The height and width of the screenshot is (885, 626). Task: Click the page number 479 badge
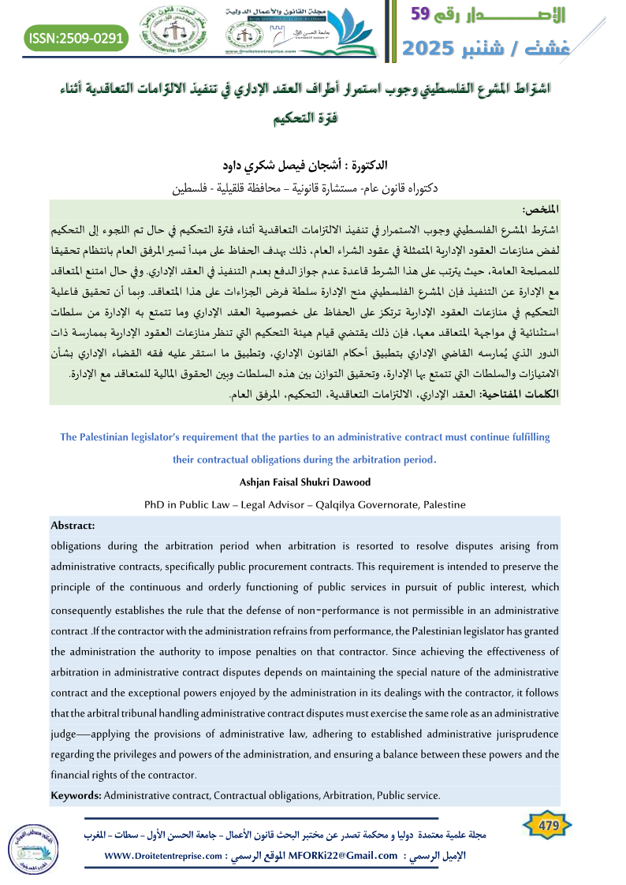pyautogui.click(x=546, y=826)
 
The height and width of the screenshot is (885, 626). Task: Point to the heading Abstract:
pyautogui.click(x=73, y=525)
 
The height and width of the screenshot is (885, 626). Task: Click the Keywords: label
pyautogui.click(x=76, y=795)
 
